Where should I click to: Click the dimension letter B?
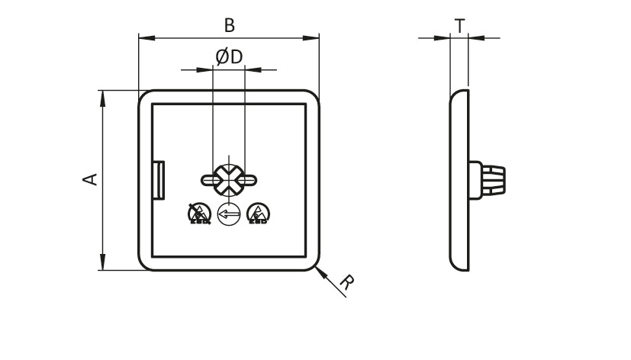pos(230,25)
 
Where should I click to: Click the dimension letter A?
pos(90,179)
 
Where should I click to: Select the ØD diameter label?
pos(230,56)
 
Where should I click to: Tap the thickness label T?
pos(459,26)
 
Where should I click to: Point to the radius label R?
pos(347,282)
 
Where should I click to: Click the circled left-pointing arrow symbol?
pos(229,214)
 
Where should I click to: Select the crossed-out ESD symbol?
pos(200,214)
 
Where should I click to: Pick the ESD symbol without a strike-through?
pos(259,214)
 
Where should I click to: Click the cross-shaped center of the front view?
pos(229,180)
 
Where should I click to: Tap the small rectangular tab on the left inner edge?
pos(159,180)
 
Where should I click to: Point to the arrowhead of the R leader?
pos(320,272)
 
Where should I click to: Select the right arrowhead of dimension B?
pos(311,38)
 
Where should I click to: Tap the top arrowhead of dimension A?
pos(103,98)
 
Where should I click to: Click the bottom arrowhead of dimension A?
pos(103,262)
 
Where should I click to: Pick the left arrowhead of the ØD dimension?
pos(204,70)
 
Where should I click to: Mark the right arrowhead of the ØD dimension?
pos(253,70)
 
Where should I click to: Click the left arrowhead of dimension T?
pos(442,38)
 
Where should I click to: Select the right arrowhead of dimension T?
pos(477,38)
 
